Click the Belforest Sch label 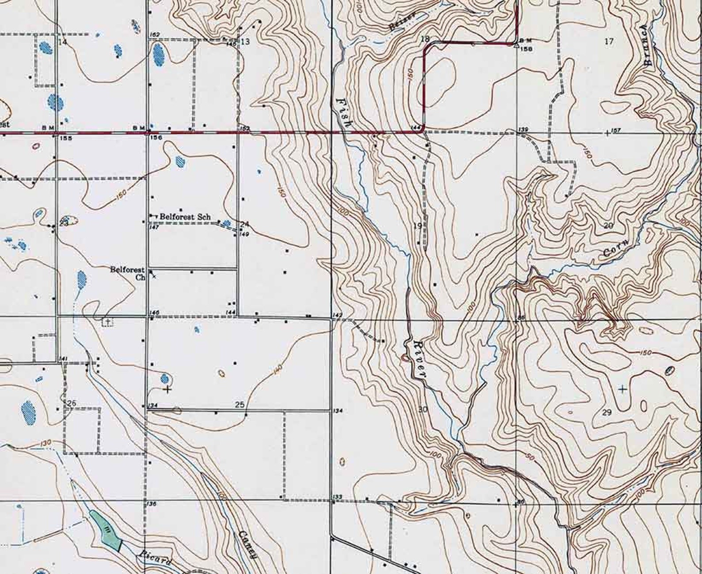click(x=185, y=217)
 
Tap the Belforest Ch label click(x=128, y=274)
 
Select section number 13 click(x=245, y=42)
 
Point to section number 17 click(x=609, y=42)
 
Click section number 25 click(x=240, y=404)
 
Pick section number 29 click(x=607, y=412)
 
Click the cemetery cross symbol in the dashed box click(x=107, y=322)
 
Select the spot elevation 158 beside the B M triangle click(x=526, y=49)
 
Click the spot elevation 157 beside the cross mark click(x=616, y=131)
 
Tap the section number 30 click(x=423, y=409)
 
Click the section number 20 click(x=609, y=226)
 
